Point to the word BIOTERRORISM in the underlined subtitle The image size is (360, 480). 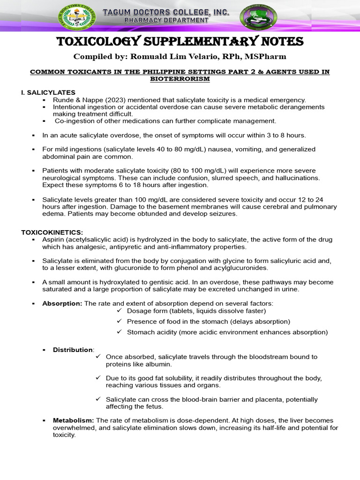coord(180,79)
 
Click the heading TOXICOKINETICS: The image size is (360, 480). coord(52,232)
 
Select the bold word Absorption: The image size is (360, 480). coord(62,303)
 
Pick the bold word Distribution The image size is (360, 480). coord(73,350)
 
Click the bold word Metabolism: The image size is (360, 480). coord(73,420)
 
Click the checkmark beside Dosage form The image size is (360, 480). coord(119,310)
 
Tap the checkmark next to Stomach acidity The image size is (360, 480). coord(119,332)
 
